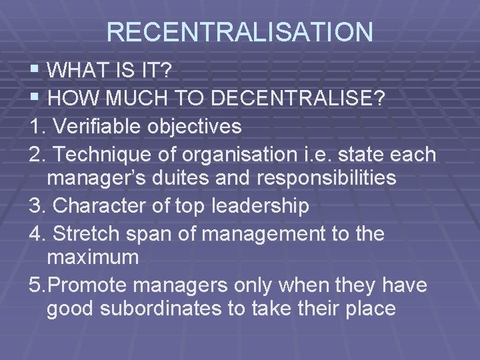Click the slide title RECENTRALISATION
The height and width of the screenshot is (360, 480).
coord(239,32)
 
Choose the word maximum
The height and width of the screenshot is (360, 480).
coord(93,257)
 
